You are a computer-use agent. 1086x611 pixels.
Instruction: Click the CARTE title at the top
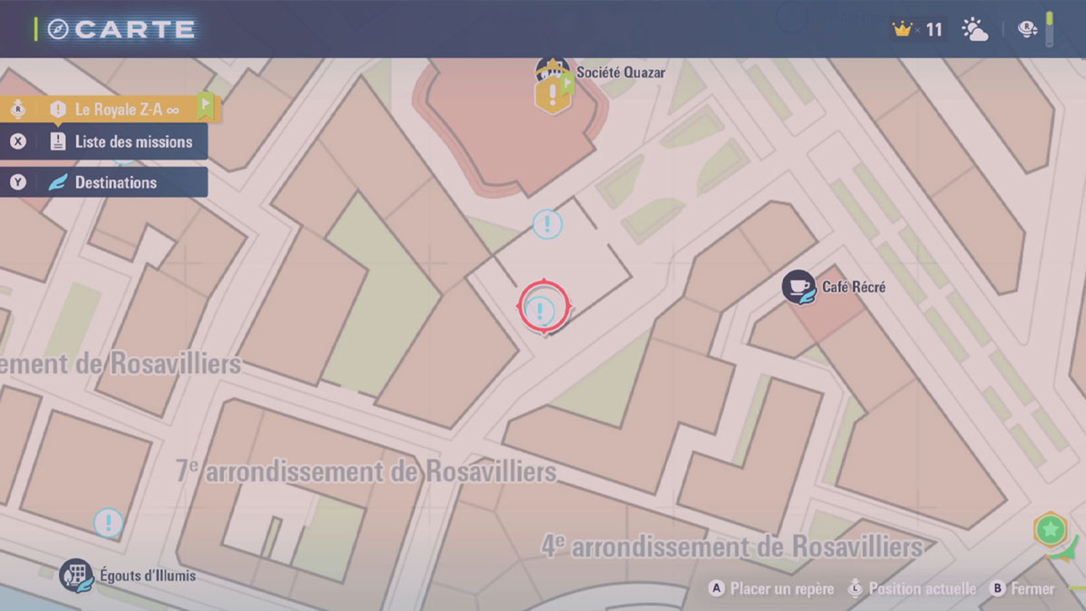tap(134, 30)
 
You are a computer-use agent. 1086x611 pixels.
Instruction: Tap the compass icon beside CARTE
tap(58, 30)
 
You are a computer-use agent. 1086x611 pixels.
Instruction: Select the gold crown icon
tap(902, 30)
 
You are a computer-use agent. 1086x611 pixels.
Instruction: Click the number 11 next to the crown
tap(934, 30)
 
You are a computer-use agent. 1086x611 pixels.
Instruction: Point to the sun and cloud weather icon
tap(974, 30)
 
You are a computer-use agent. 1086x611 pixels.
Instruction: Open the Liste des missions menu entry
tap(133, 142)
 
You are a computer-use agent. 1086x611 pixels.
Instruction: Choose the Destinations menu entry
tap(116, 182)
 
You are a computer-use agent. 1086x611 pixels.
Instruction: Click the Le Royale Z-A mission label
tap(119, 110)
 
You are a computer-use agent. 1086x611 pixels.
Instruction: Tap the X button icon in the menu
tap(18, 142)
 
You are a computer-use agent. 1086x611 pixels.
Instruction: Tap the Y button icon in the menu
tap(18, 182)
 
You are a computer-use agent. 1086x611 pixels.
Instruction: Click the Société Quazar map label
tap(620, 72)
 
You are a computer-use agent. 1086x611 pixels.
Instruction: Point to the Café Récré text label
tap(853, 287)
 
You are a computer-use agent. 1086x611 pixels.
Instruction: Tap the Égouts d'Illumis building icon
tap(76, 575)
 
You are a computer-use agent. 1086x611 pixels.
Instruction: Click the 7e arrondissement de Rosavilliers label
tap(367, 471)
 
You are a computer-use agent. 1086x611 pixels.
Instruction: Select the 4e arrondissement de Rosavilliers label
tap(732, 547)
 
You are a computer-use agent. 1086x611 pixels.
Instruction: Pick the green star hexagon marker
tap(1050, 529)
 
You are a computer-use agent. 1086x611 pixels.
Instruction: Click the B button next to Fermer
tap(997, 588)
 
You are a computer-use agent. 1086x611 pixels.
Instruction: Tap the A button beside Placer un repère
tap(716, 588)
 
